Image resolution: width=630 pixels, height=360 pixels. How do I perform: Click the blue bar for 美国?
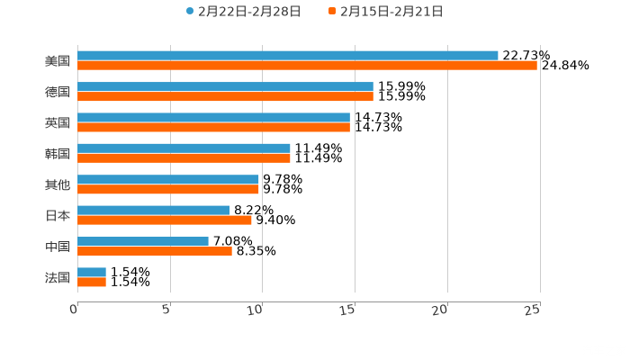288,56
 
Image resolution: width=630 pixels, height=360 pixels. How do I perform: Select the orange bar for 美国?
307,66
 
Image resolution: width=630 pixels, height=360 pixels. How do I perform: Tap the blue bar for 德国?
225,86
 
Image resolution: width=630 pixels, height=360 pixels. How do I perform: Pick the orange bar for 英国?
213,127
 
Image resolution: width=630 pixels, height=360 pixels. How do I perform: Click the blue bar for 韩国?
184,148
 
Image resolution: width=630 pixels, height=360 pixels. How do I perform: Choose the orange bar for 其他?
168,189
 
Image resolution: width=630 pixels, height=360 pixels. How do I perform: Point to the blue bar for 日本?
154,210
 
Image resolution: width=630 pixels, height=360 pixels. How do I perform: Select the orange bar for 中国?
155,251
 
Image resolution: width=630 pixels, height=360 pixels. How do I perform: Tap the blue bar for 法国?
92,272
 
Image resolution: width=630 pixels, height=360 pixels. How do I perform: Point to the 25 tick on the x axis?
533,310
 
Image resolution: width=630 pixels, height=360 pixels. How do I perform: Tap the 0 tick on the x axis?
75,310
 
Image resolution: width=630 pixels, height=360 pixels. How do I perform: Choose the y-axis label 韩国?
57,153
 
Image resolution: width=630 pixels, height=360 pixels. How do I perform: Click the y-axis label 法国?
57,277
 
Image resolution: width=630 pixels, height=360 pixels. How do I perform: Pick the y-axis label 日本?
57,215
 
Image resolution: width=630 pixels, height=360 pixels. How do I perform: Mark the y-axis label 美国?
57,61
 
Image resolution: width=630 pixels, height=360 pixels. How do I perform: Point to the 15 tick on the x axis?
348,310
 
